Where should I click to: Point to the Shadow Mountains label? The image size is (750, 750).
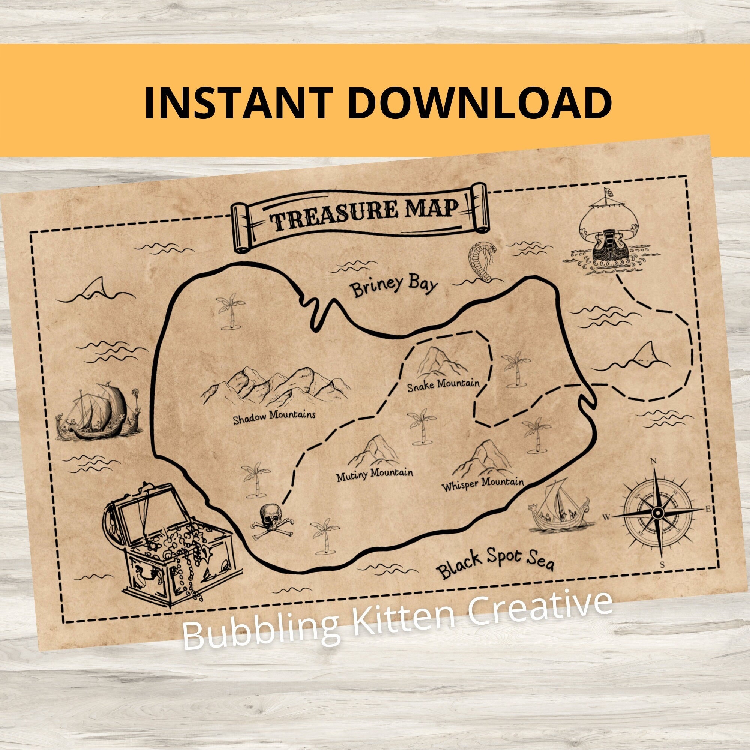coord(274,416)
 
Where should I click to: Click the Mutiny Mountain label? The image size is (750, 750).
coord(374,474)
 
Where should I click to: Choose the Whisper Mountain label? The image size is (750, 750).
coord(483,484)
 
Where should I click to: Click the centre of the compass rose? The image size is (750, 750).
coord(658,514)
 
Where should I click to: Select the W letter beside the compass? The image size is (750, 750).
coord(606,517)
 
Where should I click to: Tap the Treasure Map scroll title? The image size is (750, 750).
coord(359,214)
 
